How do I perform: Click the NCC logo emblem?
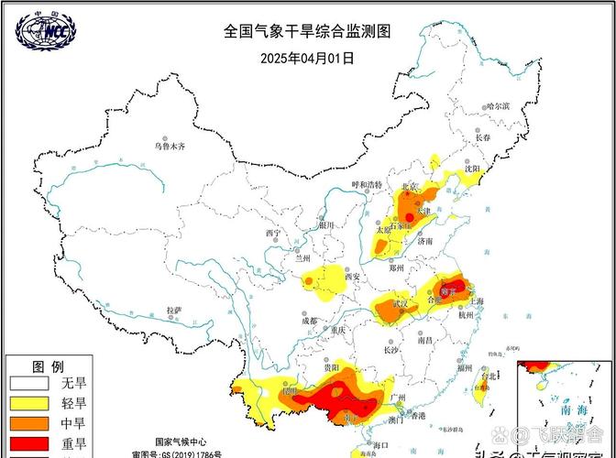coord(46,30)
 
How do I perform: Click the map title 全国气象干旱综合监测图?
coord(307,30)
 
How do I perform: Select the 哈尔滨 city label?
coord(498,107)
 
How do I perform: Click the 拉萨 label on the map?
coord(174,311)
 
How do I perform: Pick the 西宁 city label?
coord(273,234)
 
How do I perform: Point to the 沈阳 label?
coord(472,169)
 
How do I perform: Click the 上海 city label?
coord(477,300)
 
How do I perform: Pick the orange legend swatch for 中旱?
coord(27,423)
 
